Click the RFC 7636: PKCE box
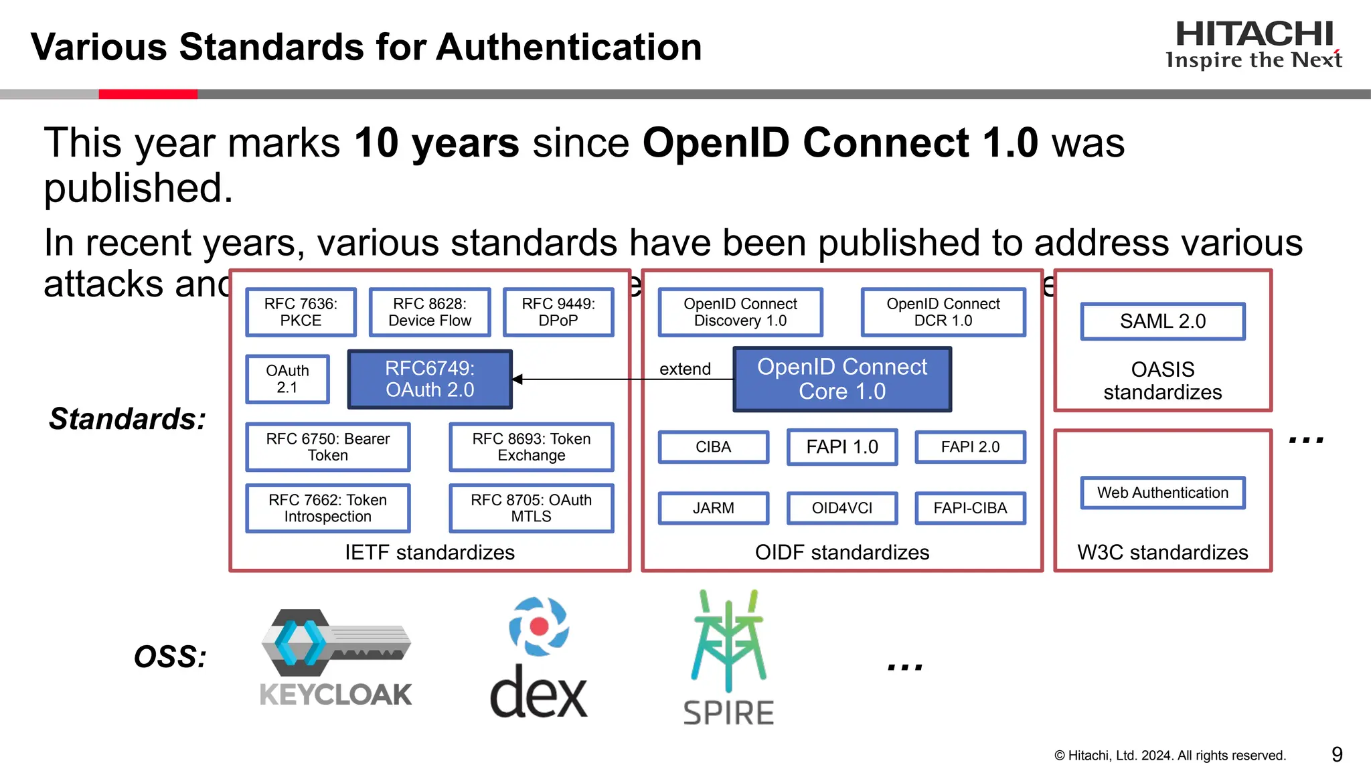click(x=301, y=312)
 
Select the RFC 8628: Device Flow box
click(x=430, y=312)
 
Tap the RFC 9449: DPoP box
click(x=558, y=312)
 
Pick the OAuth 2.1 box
click(x=287, y=379)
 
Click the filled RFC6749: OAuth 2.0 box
click(x=430, y=379)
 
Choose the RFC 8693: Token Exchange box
click(x=532, y=447)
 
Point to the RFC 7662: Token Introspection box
click(x=327, y=508)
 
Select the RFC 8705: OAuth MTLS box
click(x=532, y=508)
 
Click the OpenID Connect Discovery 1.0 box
click(x=740, y=312)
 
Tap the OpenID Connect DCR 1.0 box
click(x=943, y=312)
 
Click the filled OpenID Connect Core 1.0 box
click(x=842, y=379)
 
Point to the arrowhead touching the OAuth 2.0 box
click(x=517, y=379)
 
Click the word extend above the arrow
click(x=685, y=369)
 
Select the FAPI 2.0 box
click(x=970, y=447)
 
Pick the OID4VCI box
click(x=842, y=508)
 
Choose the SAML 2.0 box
click(x=1163, y=321)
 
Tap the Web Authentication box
click(x=1163, y=493)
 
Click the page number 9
click(x=1337, y=754)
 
